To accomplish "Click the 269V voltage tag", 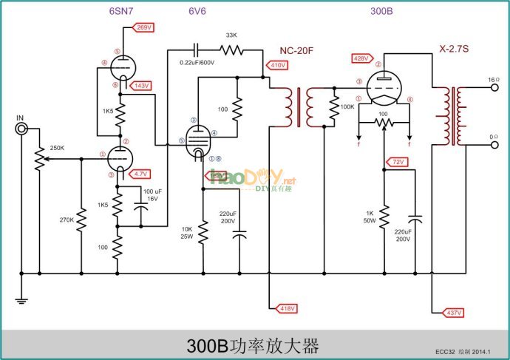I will (143, 27).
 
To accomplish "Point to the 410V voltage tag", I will (279, 66).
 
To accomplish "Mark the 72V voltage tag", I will (398, 161).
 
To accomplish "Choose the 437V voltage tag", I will (452, 313).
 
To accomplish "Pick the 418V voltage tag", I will (285, 308).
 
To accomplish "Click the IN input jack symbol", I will (23, 129).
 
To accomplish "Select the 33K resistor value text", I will (231, 35).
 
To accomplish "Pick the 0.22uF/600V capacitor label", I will (197, 63).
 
